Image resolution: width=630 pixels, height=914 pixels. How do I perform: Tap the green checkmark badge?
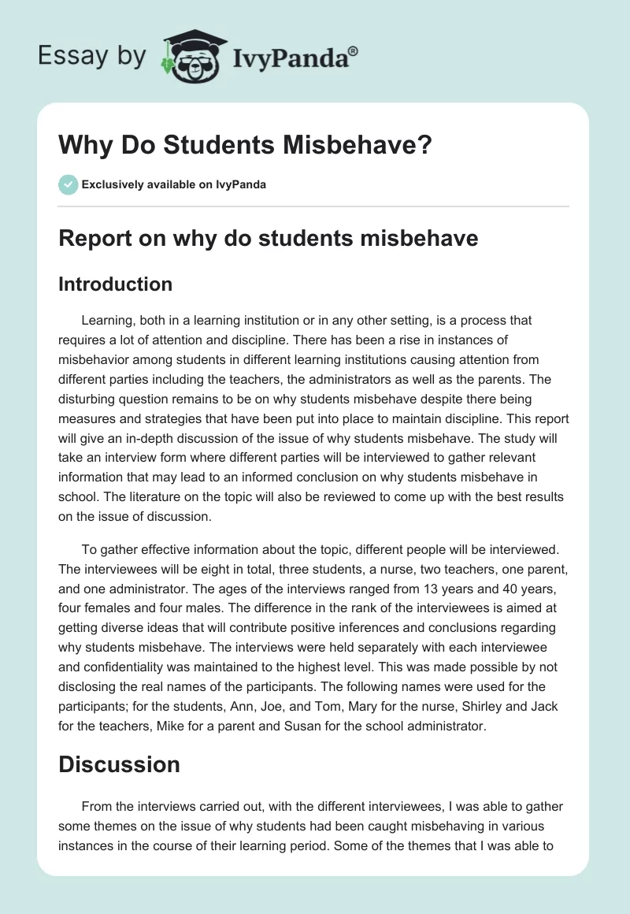point(68,184)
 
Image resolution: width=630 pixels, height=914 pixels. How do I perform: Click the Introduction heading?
point(115,284)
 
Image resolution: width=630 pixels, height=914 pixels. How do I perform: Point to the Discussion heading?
point(119,764)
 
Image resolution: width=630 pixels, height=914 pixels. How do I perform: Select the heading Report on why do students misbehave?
point(268,238)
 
